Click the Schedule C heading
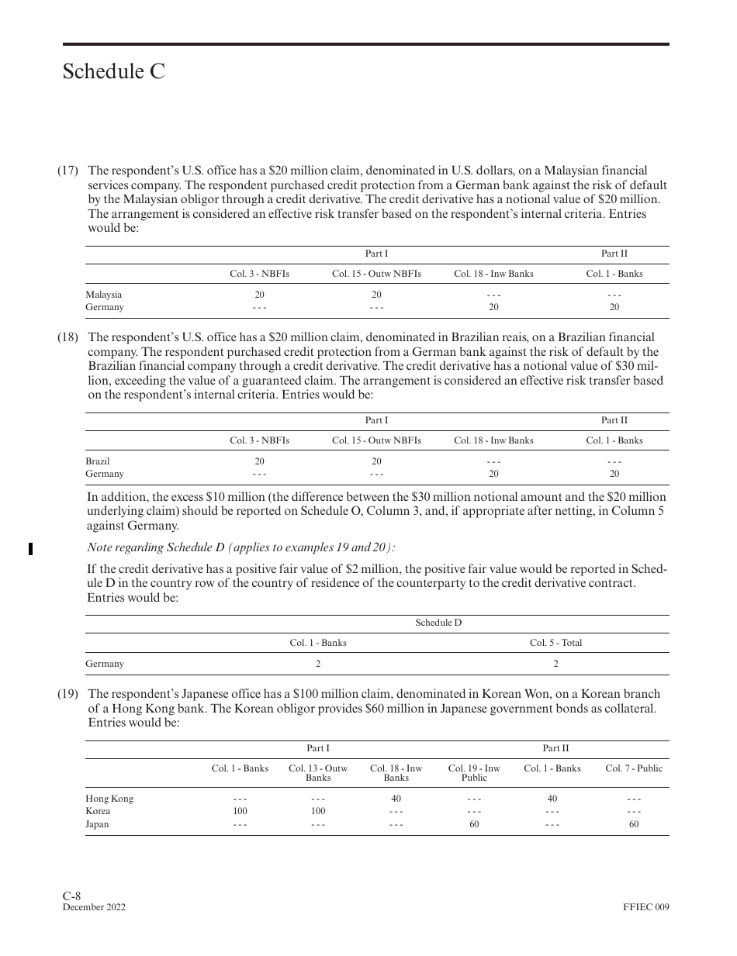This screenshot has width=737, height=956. pyautogui.click(x=114, y=72)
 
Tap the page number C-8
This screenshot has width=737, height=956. pyautogui.click(x=72, y=896)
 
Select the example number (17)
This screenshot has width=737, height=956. pyautogui.click(x=67, y=171)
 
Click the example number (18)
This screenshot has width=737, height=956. pyautogui.click(x=67, y=337)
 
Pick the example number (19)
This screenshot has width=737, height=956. pyautogui.click(x=67, y=694)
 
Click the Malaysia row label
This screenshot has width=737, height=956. pyautogui.click(x=103, y=295)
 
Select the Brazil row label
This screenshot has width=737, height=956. pyautogui.click(x=98, y=461)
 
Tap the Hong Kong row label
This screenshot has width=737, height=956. pyautogui.click(x=109, y=799)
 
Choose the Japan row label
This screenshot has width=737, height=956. pyautogui.click(x=97, y=824)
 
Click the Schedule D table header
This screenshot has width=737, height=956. pyautogui.click(x=438, y=623)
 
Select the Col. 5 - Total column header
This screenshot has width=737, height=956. pyautogui.click(x=555, y=643)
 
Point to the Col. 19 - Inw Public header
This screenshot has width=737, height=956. pyautogui.click(x=474, y=772)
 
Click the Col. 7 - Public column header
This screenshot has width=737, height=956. pyautogui.click(x=634, y=768)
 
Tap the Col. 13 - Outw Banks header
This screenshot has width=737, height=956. pyautogui.click(x=318, y=772)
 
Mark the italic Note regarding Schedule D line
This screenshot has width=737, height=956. pyautogui.click(x=241, y=547)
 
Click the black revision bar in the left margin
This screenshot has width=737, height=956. pyautogui.click(x=30, y=549)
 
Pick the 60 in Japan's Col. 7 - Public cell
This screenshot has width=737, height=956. pyautogui.click(x=634, y=824)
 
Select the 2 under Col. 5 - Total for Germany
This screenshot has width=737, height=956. pyautogui.click(x=555, y=664)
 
